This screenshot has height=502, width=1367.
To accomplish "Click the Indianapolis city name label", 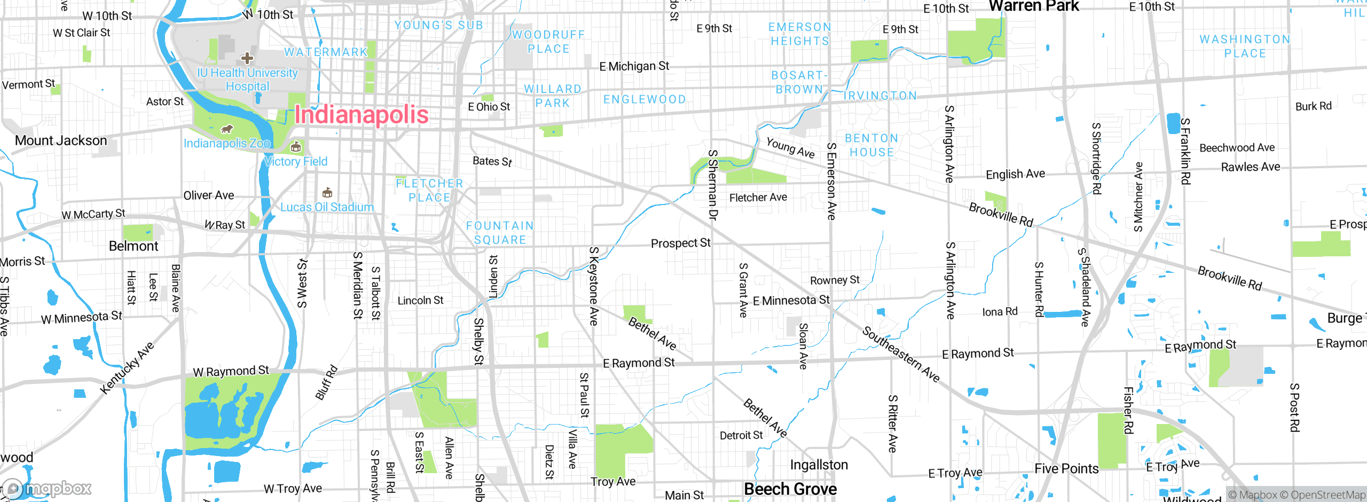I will [x=362, y=115].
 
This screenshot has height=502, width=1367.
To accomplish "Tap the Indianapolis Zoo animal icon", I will [x=227, y=129].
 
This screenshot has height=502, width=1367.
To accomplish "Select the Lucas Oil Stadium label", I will [x=327, y=207].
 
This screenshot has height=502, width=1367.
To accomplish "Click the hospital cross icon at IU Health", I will [x=247, y=58].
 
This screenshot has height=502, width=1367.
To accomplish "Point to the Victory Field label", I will [x=296, y=161].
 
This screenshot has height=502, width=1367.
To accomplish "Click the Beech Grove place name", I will [x=790, y=489].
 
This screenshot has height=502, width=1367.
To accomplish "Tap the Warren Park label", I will [x=1034, y=6].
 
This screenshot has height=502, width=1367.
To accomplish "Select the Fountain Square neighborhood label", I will [x=500, y=233].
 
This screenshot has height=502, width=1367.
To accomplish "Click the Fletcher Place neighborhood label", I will [x=430, y=190].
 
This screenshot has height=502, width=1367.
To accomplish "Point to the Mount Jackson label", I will [x=61, y=140].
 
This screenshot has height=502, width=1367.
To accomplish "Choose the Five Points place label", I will [x=1066, y=469].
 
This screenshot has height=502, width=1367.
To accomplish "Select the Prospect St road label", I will [x=680, y=243].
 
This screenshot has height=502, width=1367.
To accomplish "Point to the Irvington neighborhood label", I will [x=880, y=96].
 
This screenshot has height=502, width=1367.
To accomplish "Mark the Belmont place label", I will [x=133, y=246].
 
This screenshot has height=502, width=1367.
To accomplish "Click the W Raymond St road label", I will [x=231, y=371].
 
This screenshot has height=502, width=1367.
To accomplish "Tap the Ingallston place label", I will [x=819, y=465].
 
